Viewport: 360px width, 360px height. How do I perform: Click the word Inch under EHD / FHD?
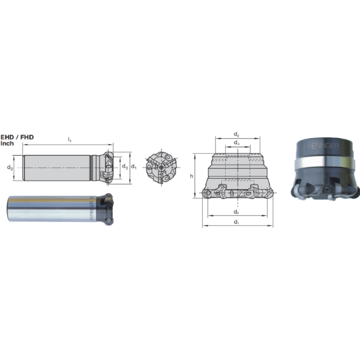7,143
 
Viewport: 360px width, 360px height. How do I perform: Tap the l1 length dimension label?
69,139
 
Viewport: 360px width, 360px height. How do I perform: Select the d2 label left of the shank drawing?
9,168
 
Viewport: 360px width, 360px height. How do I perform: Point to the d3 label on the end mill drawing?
124,167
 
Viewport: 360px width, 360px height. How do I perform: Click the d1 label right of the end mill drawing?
134,167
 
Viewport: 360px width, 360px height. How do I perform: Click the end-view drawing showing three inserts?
161,168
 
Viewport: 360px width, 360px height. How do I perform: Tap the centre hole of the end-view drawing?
161,168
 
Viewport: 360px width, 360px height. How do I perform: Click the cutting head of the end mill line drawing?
107,168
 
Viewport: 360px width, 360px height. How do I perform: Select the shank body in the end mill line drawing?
59,168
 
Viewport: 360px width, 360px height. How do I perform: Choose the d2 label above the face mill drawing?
236,134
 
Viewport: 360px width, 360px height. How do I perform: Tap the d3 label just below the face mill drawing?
236,212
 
